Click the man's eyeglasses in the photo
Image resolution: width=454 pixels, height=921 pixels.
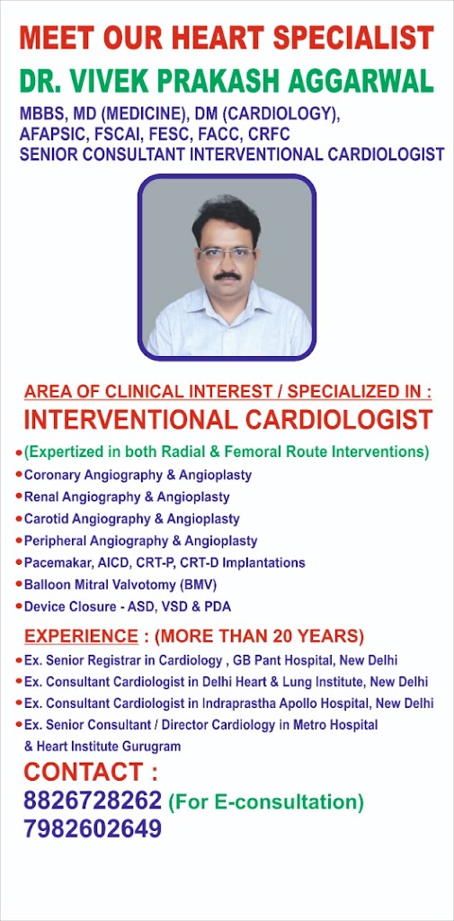pyautogui.click(x=227, y=254)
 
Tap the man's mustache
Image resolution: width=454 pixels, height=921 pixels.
pyautogui.click(x=227, y=275)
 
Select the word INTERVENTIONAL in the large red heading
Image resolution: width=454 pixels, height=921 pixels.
pyautogui.click(x=129, y=419)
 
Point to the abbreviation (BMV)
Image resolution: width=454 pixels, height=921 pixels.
pyautogui.click(x=198, y=585)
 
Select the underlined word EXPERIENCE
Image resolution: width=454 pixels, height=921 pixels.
pyautogui.click(x=81, y=636)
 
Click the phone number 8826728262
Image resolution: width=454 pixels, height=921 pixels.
pyautogui.click(x=93, y=800)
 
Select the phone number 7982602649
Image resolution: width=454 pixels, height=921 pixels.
pyautogui.click(x=93, y=828)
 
